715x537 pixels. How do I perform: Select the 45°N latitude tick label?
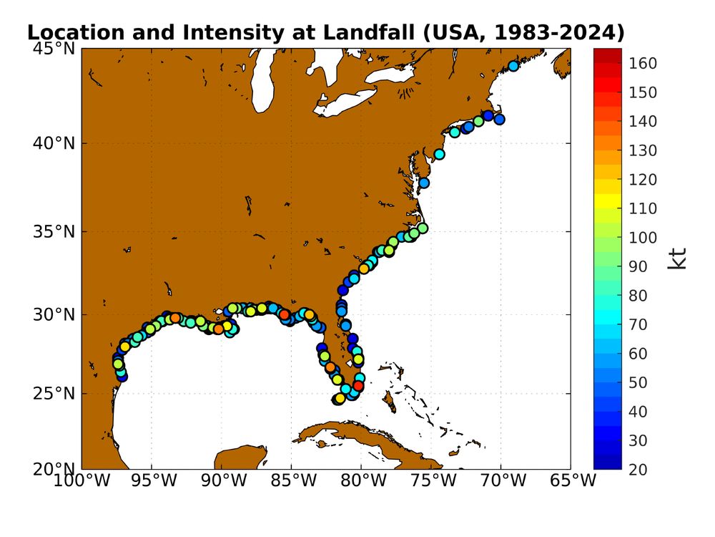(x=54, y=49)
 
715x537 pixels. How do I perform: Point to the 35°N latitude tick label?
(x=54, y=232)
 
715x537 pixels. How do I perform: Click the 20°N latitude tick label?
(x=54, y=469)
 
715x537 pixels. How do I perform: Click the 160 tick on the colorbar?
(x=643, y=64)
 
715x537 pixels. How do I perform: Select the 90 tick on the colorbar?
(x=640, y=266)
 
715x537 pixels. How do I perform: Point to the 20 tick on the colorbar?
(x=640, y=469)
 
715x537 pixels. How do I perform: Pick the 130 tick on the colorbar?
(x=643, y=150)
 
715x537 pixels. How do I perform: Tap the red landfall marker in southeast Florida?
(x=359, y=385)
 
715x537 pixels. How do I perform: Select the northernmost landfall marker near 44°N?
(x=513, y=66)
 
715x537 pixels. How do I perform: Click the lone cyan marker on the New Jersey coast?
(x=440, y=154)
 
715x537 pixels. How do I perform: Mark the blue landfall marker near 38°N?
(x=424, y=183)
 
